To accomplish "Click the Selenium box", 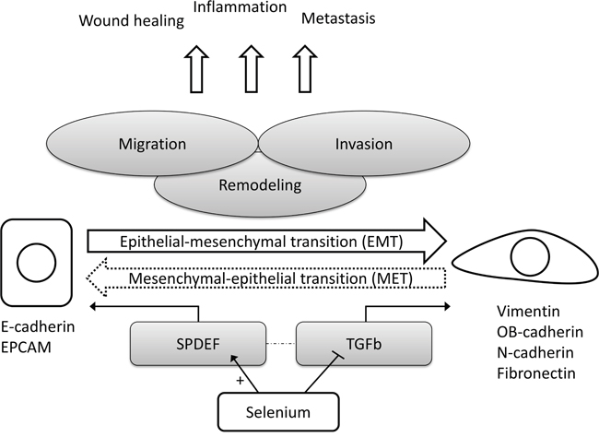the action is pyautogui.click(x=278, y=412).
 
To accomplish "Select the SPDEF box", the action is pyautogui.click(x=198, y=344).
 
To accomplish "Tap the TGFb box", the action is pyautogui.click(x=364, y=344).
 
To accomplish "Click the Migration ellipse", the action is pyautogui.click(x=152, y=144).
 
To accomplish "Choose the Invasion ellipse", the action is pyautogui.click(x=364, y=144).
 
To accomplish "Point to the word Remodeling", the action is pyautogui.click(x=260, y=185).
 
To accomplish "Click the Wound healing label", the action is pyautogui.click(x=132, y=20).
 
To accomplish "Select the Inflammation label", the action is pyautogui.click(x=240, y=6).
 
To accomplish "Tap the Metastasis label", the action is pyautogui.click(x=338, y=18).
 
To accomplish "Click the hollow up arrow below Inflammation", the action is pyautogui.click(x=251, y=69).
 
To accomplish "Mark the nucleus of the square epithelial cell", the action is pyautogui.click(x=36, y=263).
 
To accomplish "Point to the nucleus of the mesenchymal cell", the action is pyautogui.click(x=530, y=256).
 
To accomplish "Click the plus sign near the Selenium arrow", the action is pyautogui.click(x=240, y=381).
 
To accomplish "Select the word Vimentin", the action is pyautogui.click(x=528, y=312).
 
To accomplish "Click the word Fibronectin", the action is pyautogui.click(x=536, y=373).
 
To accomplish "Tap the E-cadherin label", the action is pyautogui.click(x=38, y=327).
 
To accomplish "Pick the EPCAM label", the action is pyautogui.click(x=26, y=348).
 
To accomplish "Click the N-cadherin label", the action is pyautogui.click(x=535, y=352).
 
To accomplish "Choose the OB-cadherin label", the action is pyautogui.click(x=540, y=332).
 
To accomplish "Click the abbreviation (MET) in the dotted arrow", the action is pyautogui.click(x=392, y=278).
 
